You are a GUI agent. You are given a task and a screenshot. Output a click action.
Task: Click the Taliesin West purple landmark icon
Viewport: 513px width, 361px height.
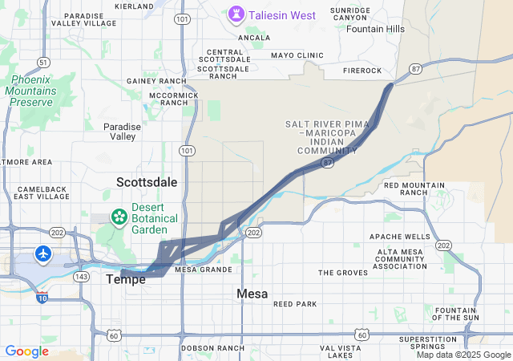tap(236, 14)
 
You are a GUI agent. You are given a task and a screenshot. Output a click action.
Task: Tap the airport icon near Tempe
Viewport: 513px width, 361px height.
tap(42, 254)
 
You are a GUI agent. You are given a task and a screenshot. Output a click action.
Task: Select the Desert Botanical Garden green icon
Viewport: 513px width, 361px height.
tap(119, 216)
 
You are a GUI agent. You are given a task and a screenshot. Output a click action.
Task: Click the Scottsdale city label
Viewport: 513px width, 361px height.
tap(146, 182)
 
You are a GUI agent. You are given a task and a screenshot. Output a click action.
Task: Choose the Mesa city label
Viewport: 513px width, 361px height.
tap(252, 294)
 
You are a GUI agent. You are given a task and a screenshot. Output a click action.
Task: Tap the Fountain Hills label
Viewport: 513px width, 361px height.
tap(375, 29)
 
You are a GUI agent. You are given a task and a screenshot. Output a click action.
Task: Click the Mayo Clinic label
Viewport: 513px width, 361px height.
tap(297, 55)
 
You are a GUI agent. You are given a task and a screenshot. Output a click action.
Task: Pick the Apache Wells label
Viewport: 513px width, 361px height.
tap(399, 237)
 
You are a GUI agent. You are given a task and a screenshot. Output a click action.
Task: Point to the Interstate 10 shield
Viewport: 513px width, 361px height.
tap(41, 298)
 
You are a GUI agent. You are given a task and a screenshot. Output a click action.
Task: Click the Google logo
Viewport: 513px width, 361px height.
tap(26, 351)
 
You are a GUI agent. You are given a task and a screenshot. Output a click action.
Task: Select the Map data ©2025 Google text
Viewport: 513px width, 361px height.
tap(463, 355)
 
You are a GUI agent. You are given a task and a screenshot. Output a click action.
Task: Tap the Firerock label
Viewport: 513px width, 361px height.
tap(363, 71)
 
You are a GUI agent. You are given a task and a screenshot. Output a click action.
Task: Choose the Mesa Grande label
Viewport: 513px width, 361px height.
tap(203, 270)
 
